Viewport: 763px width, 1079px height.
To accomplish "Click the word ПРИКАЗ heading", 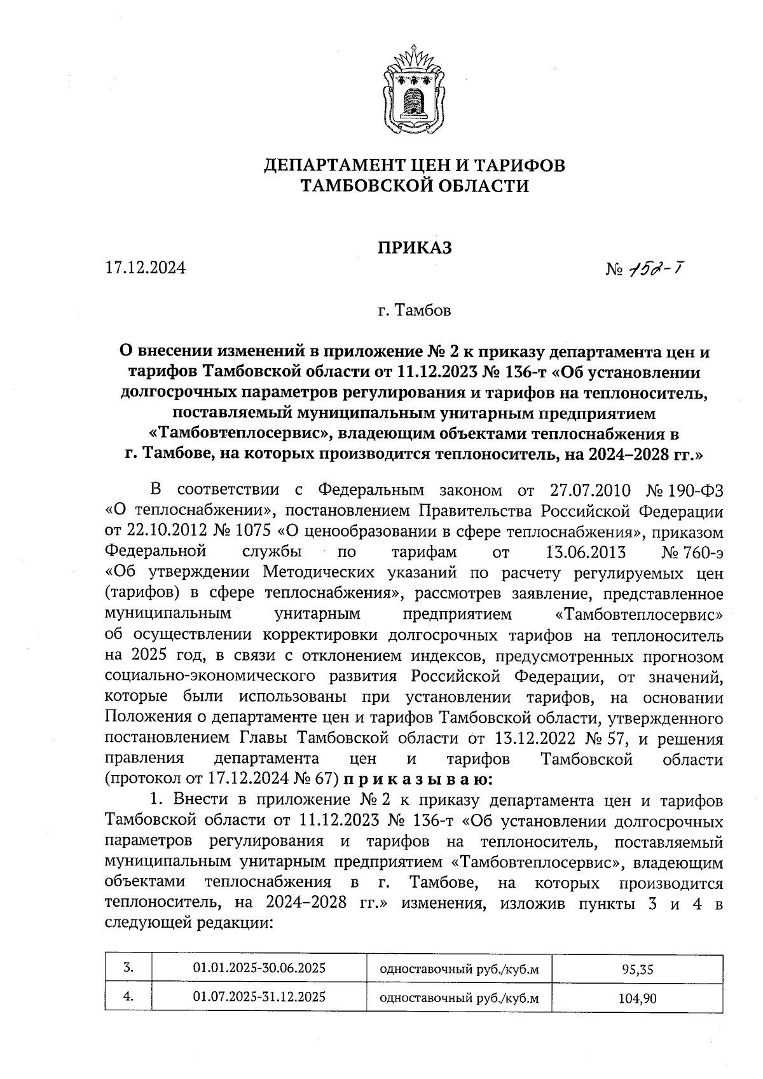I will coord(415,247).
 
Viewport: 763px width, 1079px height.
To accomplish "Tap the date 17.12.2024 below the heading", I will coord(146,268).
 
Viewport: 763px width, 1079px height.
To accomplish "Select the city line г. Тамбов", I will coord(414,311).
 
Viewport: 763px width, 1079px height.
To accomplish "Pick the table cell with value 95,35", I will coord(636,970).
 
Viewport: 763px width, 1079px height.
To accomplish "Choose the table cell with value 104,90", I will coord(636,998).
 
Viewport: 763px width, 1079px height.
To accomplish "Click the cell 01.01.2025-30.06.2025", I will coord(259,968).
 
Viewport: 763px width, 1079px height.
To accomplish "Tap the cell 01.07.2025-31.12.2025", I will coord(259,996).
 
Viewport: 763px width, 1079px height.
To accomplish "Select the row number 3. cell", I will coord(128,968).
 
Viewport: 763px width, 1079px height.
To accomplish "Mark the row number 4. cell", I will coord(128,996).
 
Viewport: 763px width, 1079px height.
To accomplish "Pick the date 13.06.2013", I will coord(586,552).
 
